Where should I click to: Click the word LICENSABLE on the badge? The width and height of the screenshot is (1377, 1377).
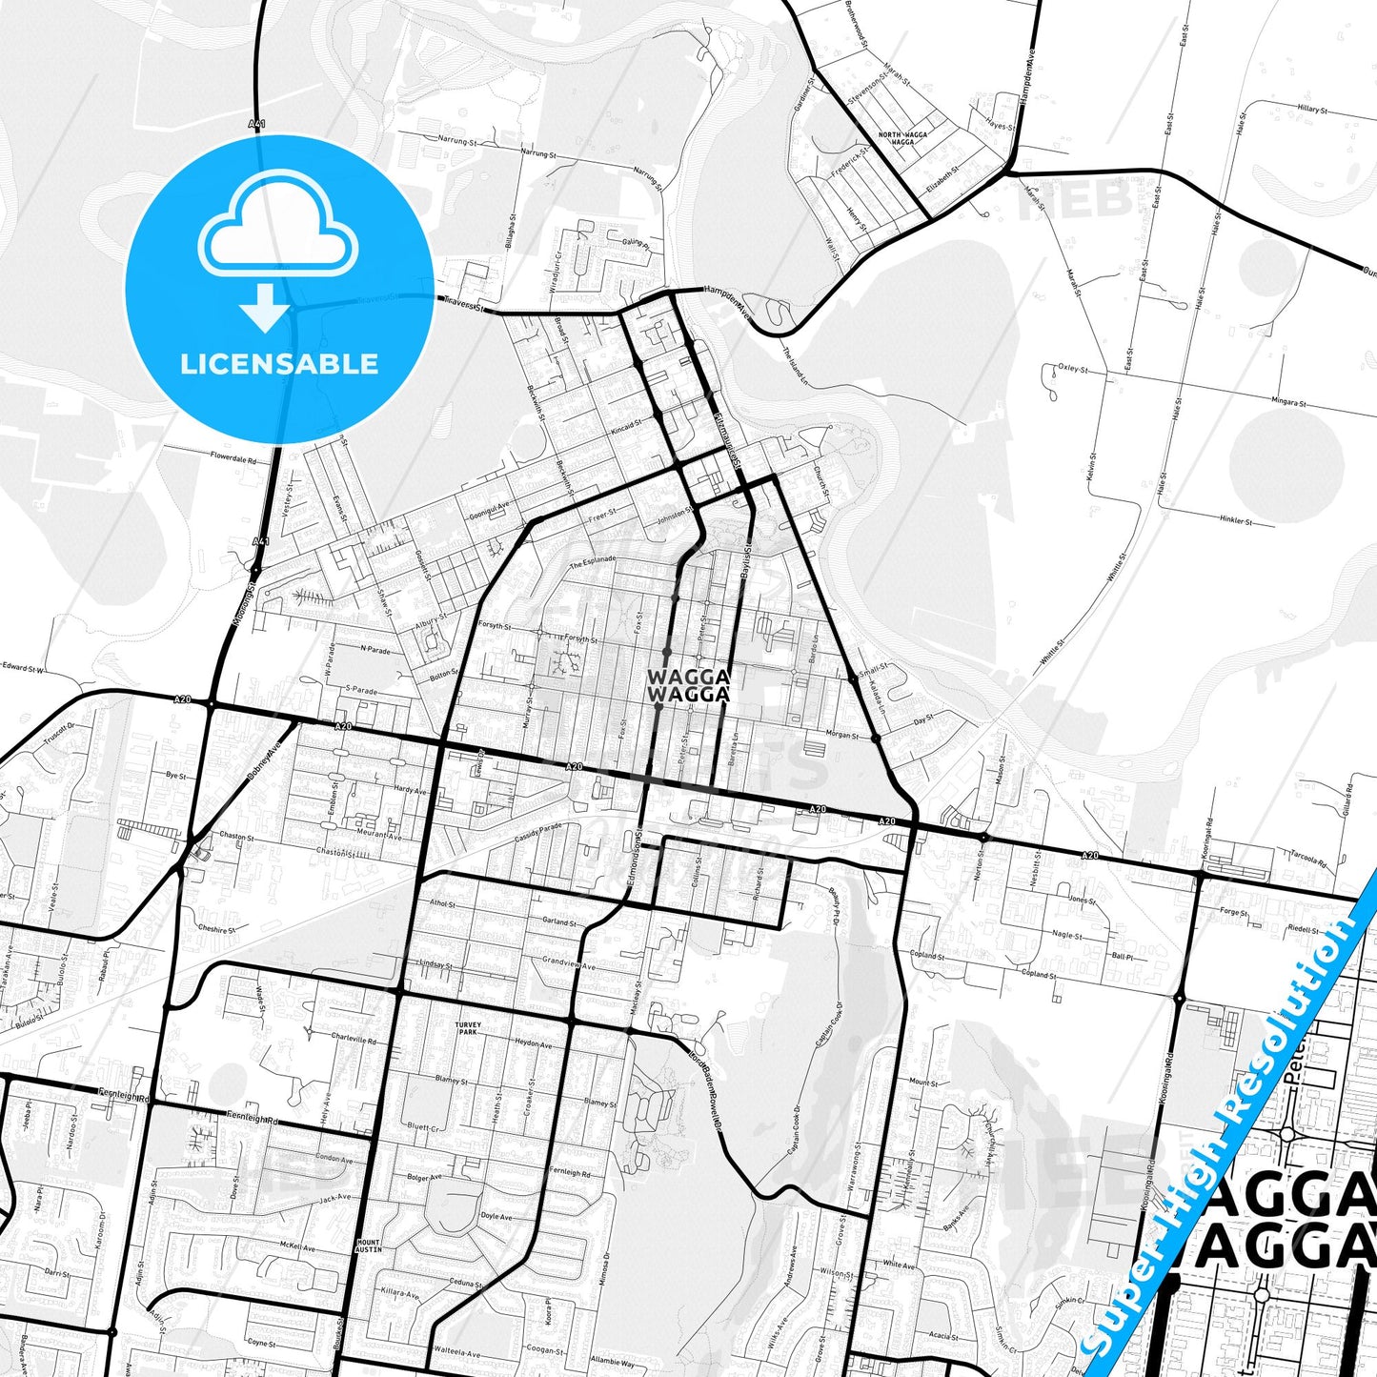(279, 363)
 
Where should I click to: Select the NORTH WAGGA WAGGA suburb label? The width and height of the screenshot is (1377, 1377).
(901, 138)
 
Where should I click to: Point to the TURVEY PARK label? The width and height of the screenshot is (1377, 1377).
(468, 1028)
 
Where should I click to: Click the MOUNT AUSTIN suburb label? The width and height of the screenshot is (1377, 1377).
(368, 1245)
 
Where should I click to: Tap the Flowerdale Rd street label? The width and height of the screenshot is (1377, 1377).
(233, 457)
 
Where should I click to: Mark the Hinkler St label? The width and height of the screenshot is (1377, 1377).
(1236, 520)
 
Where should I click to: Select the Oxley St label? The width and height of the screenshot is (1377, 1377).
(1073, 368)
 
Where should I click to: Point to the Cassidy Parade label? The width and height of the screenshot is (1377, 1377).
(538, 831)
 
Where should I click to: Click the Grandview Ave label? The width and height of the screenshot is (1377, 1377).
(568, 962)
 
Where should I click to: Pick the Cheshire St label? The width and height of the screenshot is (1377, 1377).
(216, 928)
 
